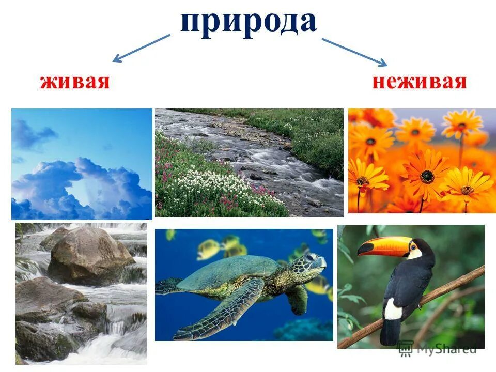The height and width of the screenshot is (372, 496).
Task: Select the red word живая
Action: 75,82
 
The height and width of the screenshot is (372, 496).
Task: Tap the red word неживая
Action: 419,82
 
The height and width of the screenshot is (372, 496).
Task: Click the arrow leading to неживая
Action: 354,52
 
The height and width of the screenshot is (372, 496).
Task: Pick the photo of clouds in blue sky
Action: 82,164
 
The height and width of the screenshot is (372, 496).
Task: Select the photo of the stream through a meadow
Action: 249,162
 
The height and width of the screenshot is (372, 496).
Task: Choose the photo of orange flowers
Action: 422,161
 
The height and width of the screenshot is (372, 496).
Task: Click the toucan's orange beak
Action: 382,245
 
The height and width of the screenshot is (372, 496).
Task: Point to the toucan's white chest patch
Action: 394,309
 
